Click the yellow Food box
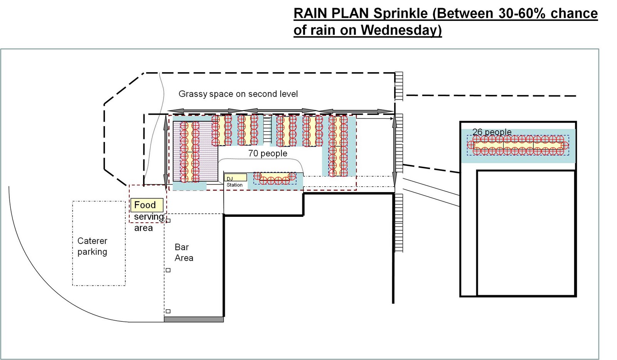coord(147,205)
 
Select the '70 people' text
coord(268,154)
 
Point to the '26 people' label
coord(492,132)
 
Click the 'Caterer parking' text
coord(92,246)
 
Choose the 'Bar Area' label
coord(184,252)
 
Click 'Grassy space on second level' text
coord(238,94)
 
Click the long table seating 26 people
coord(518,145)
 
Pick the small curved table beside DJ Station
coord(275,179)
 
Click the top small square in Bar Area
coord(168,221)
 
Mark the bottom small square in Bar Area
coord(168,311)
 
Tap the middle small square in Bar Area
coord(168,270)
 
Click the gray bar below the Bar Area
coord(194,319)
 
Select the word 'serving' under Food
coord(148,217)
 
